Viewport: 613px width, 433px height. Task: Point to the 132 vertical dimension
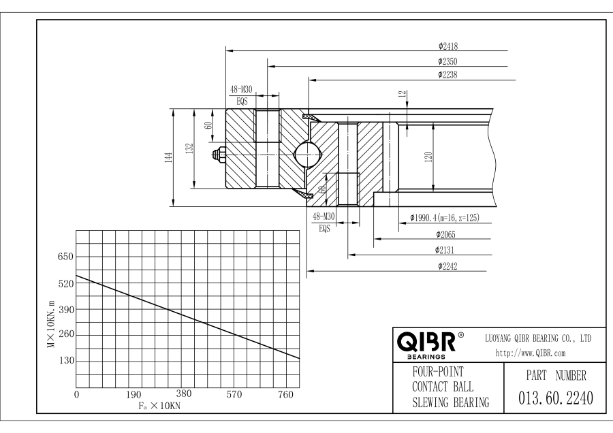coord(191,146)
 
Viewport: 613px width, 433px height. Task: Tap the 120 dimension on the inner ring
coord(428,157)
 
